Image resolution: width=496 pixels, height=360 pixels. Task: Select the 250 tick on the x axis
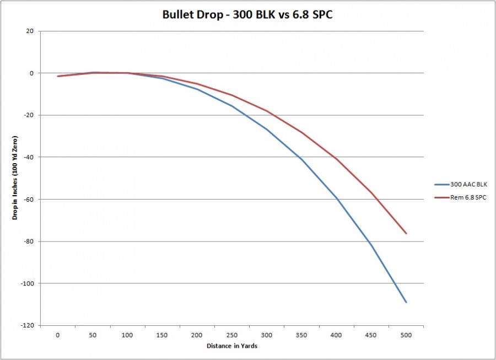[232, 335]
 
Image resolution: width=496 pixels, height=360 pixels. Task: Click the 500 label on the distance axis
[406, 335]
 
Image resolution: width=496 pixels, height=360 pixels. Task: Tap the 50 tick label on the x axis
[93, 335]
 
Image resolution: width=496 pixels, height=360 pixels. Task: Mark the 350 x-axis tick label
[301, 335]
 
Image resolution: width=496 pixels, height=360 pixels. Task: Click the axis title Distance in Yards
[232, 346]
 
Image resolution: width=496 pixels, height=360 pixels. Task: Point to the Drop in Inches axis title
[15, 178]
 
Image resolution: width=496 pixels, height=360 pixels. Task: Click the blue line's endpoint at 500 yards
[406, 302]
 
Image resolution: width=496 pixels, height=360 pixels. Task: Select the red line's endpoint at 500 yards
[406, 233]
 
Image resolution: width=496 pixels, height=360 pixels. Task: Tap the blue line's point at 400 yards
[336, 197]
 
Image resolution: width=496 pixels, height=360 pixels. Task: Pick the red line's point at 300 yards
[267, 111]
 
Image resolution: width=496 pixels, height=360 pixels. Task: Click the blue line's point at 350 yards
[301, 159]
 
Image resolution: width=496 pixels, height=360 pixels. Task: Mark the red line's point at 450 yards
[371, 192]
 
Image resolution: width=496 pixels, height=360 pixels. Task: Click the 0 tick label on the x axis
[58, 335]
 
